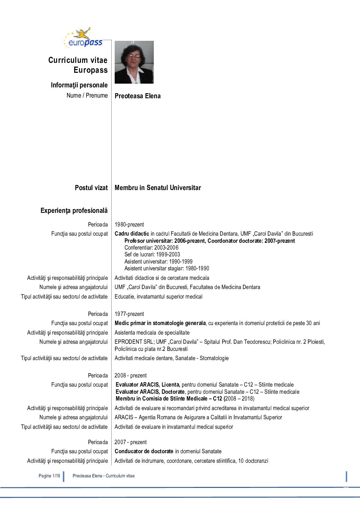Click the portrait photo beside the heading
pyautogui.click(x=134, y=62)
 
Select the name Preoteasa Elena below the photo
pyautogui.click(x=137, y=96)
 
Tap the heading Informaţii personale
pyautogui.click(x=79, y=85)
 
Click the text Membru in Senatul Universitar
pyautogui.click(x=158, y=188)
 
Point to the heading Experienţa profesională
pyautogui.click(x=74, y=210)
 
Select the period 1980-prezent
pyautogui.click(x=129, y=224)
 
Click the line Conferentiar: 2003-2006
pyautogui.click(x=151, y=248)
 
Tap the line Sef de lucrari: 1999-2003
pyautogui.click(x=152, y=254)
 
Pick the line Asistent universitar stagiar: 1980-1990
pyautogui.click(x=167, y=268)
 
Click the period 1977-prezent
pyautogui.click(x=129, y=314)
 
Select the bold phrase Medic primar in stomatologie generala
pyautogui.click(x=160, y=323)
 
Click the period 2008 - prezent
pyautogui.click(x=131, y=375)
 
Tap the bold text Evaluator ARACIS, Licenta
pyautogui.click(x=148, y=385)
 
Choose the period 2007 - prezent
pyautogui.click(x=131, y=442)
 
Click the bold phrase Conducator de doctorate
pyautogui.click(x=144, y=451)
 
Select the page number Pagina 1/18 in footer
pyautogui.click(x=49, y=476)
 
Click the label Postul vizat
pyautogui.click(x=91, y=188)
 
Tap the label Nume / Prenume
pyautogui.click(x=87, y=96)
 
